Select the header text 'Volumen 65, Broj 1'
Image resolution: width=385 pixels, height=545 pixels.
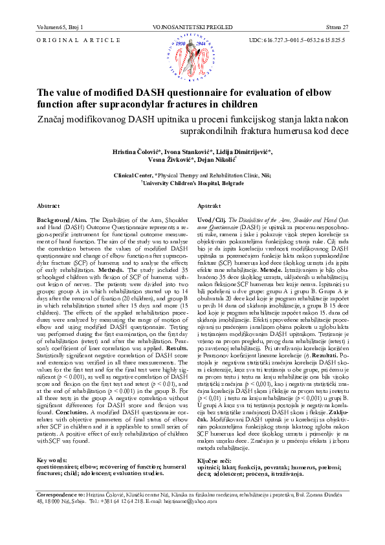tap(56, 27)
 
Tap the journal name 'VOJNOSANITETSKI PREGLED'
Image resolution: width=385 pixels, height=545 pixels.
tap(192, 27)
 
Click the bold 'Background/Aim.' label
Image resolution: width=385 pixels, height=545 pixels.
tap(62, 219)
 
